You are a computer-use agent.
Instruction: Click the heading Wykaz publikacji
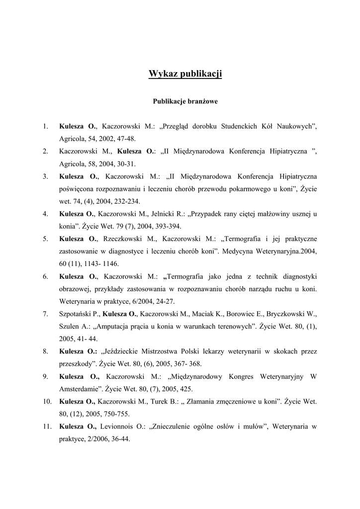click(x=185, y=75)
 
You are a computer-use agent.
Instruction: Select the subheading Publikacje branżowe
click(x=185, y=101)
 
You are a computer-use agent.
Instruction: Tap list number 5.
click(x=45, y=239)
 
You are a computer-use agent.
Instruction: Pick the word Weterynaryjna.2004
click(x=285, y=251)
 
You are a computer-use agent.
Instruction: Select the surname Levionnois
click(x=122, y=426)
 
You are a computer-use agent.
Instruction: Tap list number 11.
click(x=46, y=426)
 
